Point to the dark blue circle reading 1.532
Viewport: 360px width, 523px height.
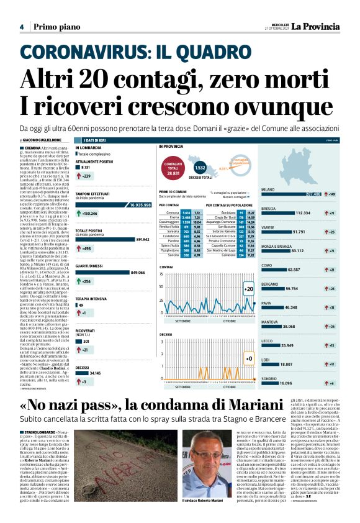coord(200,168)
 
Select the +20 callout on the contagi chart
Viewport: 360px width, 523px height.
coord(248,289)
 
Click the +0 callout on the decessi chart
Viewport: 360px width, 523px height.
coord(248,360)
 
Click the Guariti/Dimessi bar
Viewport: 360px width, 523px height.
coord(102,272)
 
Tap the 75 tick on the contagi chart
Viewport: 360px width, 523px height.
coord(162,274)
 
